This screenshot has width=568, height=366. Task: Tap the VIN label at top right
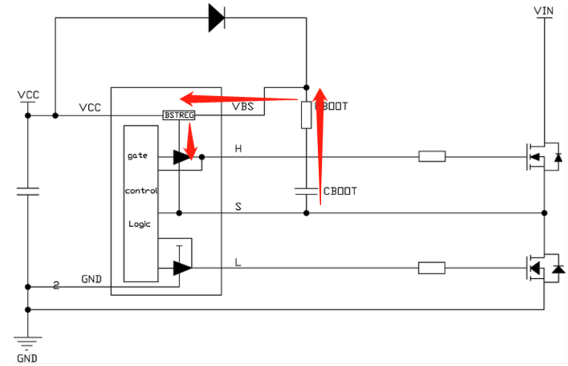click(x=544, y=10)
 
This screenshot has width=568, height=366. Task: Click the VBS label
click(x=243, y=107)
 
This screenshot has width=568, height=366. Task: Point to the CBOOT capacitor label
click(x=340, y=191)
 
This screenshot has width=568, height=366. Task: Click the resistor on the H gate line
click(x=432, y=156)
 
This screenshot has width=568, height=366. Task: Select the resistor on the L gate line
click(x=432, y=268)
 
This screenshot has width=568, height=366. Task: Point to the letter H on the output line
click(x=238, y=149)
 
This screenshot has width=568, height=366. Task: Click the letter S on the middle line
click(x=238, y=207)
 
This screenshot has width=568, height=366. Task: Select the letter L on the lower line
click(x=238, y=262)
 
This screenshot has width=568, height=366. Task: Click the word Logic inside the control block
click(x=139, y=224)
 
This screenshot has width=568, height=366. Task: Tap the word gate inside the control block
click(x=137, y=156)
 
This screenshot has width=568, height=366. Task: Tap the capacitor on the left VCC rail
click(x=27, y=191)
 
